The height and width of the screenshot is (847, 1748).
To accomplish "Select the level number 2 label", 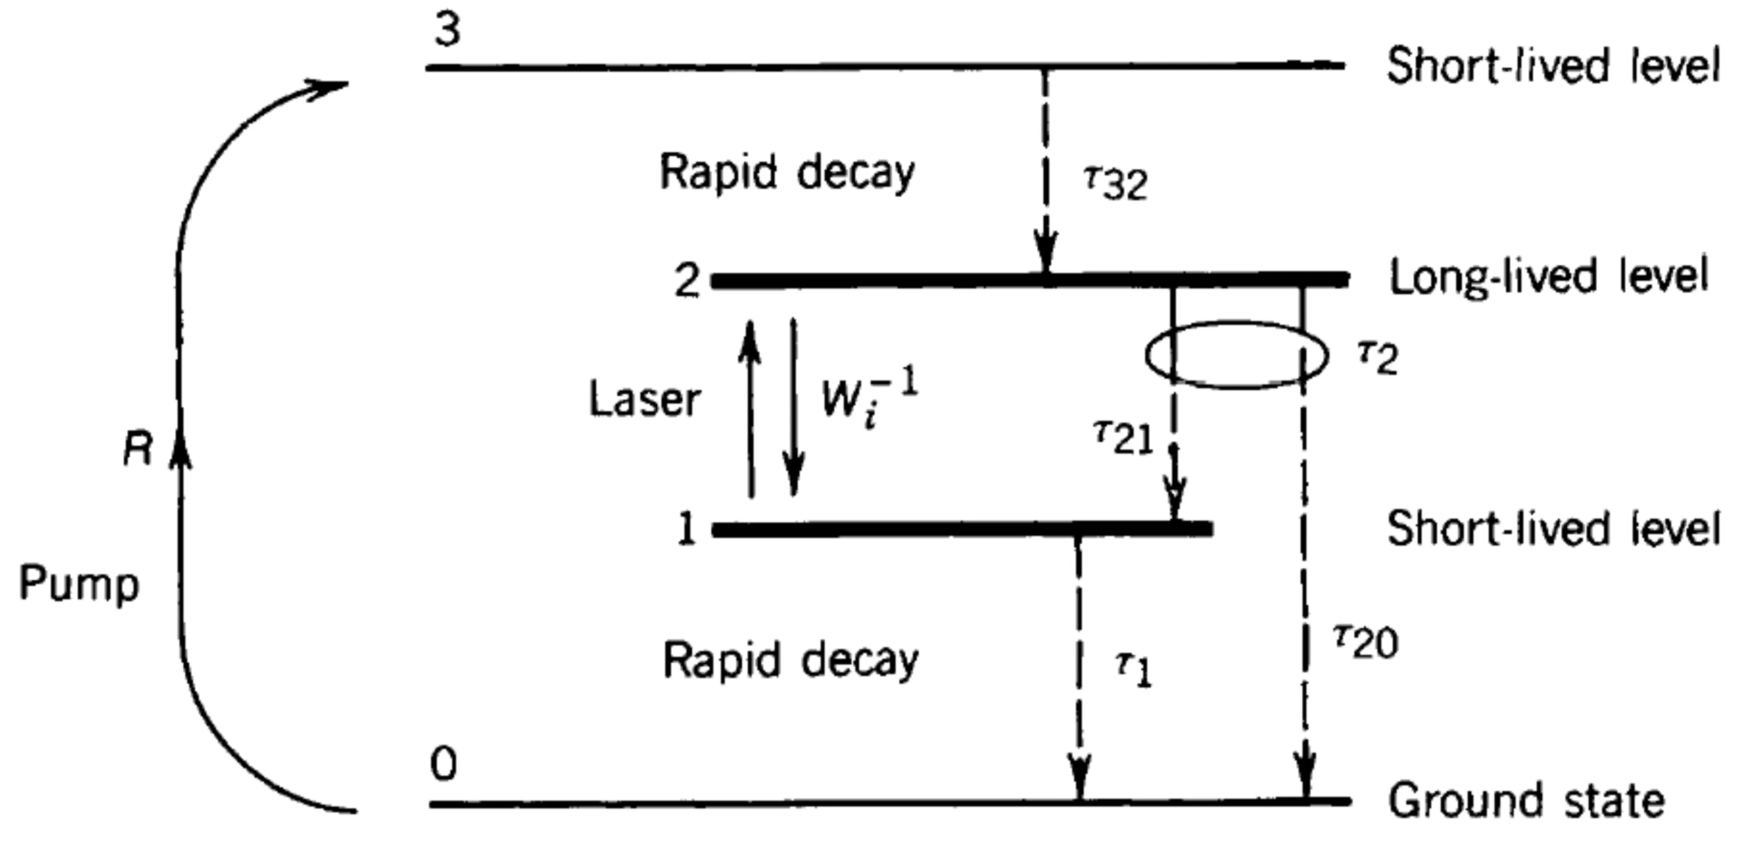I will point(687,280).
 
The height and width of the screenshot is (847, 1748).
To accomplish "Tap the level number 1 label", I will point(687,528).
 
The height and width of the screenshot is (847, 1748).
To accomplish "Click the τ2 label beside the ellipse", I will point(1377,357).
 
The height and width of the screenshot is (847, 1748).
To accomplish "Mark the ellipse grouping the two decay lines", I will point(1236,355).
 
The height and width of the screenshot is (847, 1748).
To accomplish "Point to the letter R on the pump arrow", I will point(138,449).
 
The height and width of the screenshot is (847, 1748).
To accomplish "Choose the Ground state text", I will point(1526,801).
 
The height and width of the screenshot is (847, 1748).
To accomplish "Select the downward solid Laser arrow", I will point(793,407).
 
